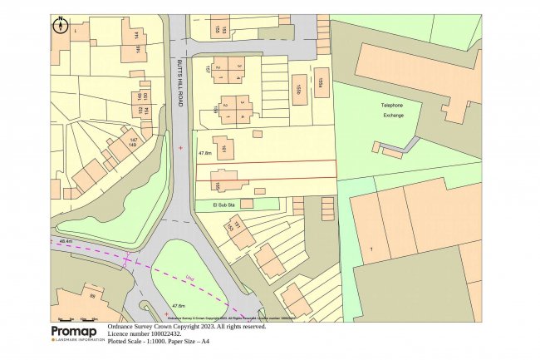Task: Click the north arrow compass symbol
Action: coord(61,25)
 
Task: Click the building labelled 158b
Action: coord(297,89)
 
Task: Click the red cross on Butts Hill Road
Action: coord(181,148)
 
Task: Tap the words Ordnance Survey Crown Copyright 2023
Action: coord(186,327)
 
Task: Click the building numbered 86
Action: coord(93,294)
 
